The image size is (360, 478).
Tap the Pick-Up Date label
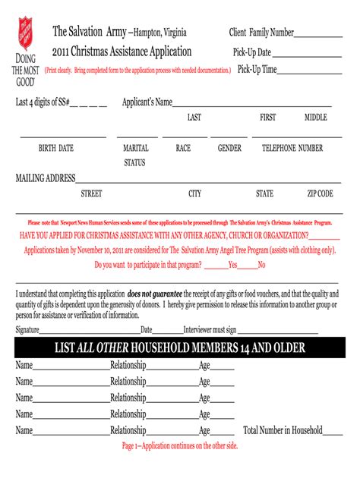(251, 53)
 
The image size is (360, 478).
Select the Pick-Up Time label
(257, 70)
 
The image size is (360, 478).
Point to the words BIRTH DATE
(56, 149)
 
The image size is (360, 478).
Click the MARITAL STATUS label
(136, 156)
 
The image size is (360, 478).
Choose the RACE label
(183, 149)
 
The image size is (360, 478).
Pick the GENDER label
(229, 149)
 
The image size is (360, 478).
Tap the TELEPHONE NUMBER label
(292, 149)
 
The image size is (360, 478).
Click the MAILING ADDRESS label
(46, 178)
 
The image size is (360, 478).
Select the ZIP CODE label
(320, 194)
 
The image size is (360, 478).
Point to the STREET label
(91, 194)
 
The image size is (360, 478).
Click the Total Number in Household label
(283, 430)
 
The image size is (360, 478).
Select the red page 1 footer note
(180, 446)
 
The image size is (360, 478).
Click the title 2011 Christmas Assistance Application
(122, 52)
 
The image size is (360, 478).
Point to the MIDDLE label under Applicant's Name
(315, 118)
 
